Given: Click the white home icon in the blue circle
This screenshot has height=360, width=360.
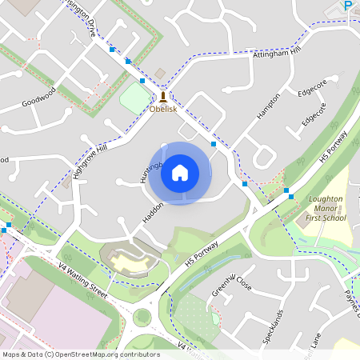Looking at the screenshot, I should [x=180, y=172].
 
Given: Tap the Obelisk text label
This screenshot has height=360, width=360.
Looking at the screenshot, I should [x=162, y=109].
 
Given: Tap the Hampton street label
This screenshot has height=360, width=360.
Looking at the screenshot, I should [x=268, y=107].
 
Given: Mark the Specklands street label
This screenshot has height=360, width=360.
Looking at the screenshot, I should [x=273, y=327].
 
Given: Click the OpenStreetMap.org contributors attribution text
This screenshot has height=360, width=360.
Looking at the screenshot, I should [x=81, y=354].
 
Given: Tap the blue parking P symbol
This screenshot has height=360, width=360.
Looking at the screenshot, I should [x=348, y=6].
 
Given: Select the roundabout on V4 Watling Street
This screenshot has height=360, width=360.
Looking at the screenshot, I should [x=143, y=318].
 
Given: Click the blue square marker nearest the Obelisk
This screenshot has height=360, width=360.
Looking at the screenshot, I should [x=142, y=81].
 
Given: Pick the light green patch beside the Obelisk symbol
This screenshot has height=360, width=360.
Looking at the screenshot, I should [x=134, y=98].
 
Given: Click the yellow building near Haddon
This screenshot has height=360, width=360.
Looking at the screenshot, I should [x=129, y=261].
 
